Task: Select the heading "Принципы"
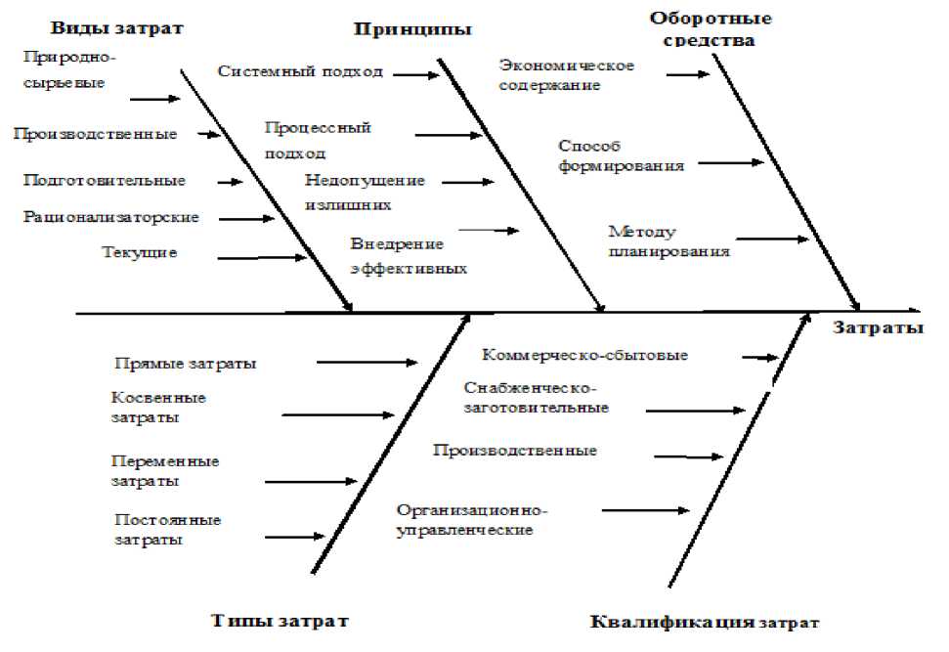[412, 29]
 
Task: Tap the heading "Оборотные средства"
[710, 29]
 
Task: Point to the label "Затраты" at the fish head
[878, 328]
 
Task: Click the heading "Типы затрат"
[279, 621]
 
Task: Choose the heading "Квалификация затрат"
[705, 622]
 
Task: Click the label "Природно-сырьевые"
[64, 70]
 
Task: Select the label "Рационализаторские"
[111, 217]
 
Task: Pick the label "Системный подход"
[300, 71]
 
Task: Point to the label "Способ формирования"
[621, 155]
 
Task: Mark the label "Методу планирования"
[669, 241]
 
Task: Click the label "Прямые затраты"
[186, 364]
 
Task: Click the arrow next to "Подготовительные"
[231, 182]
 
